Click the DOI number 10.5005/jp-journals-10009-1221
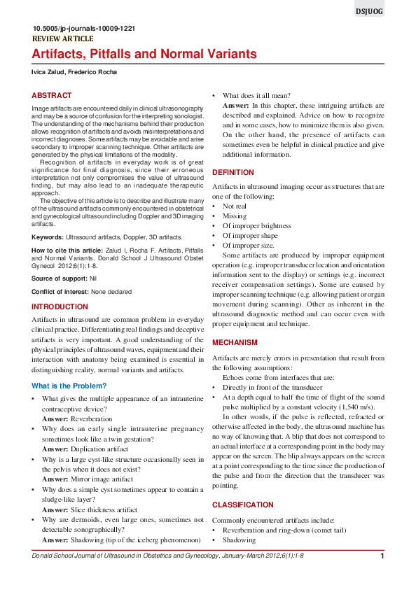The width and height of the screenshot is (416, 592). click(84, 29)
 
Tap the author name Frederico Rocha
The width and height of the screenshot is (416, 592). click(95, 73)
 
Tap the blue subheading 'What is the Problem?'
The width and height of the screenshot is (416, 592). click(69, 386)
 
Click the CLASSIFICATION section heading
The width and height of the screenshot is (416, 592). click(243, 505)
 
